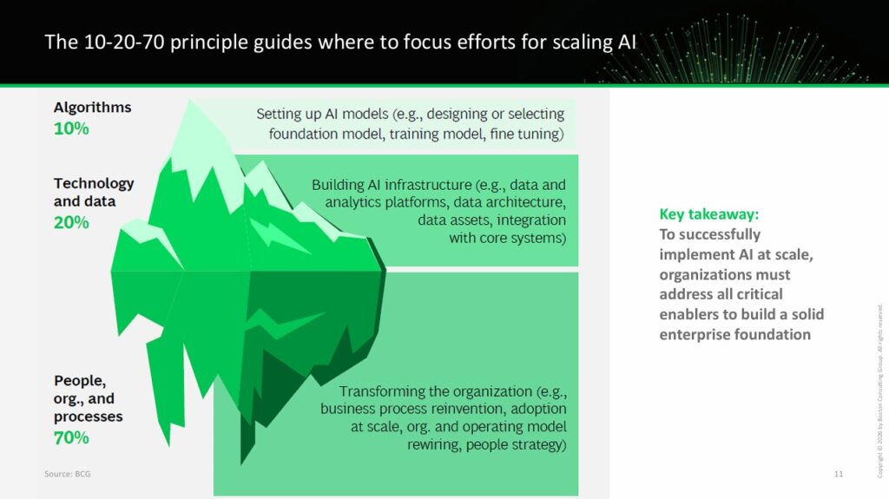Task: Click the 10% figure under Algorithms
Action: [71, 128]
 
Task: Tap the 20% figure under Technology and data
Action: [71, 222]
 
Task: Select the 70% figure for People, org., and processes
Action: [71, 437]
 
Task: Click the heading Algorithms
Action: [92, 108]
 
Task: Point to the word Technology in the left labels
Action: [94, 184]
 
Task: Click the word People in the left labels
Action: [79, 381]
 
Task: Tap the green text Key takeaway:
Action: [708, 214]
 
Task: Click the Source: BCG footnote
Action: [68, 474]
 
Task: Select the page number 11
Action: [839, 474]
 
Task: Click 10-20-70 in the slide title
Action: [124, 42]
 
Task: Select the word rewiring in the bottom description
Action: [434, 444]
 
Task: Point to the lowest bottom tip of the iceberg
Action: [242, 463]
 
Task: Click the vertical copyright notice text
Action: [880, 391]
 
